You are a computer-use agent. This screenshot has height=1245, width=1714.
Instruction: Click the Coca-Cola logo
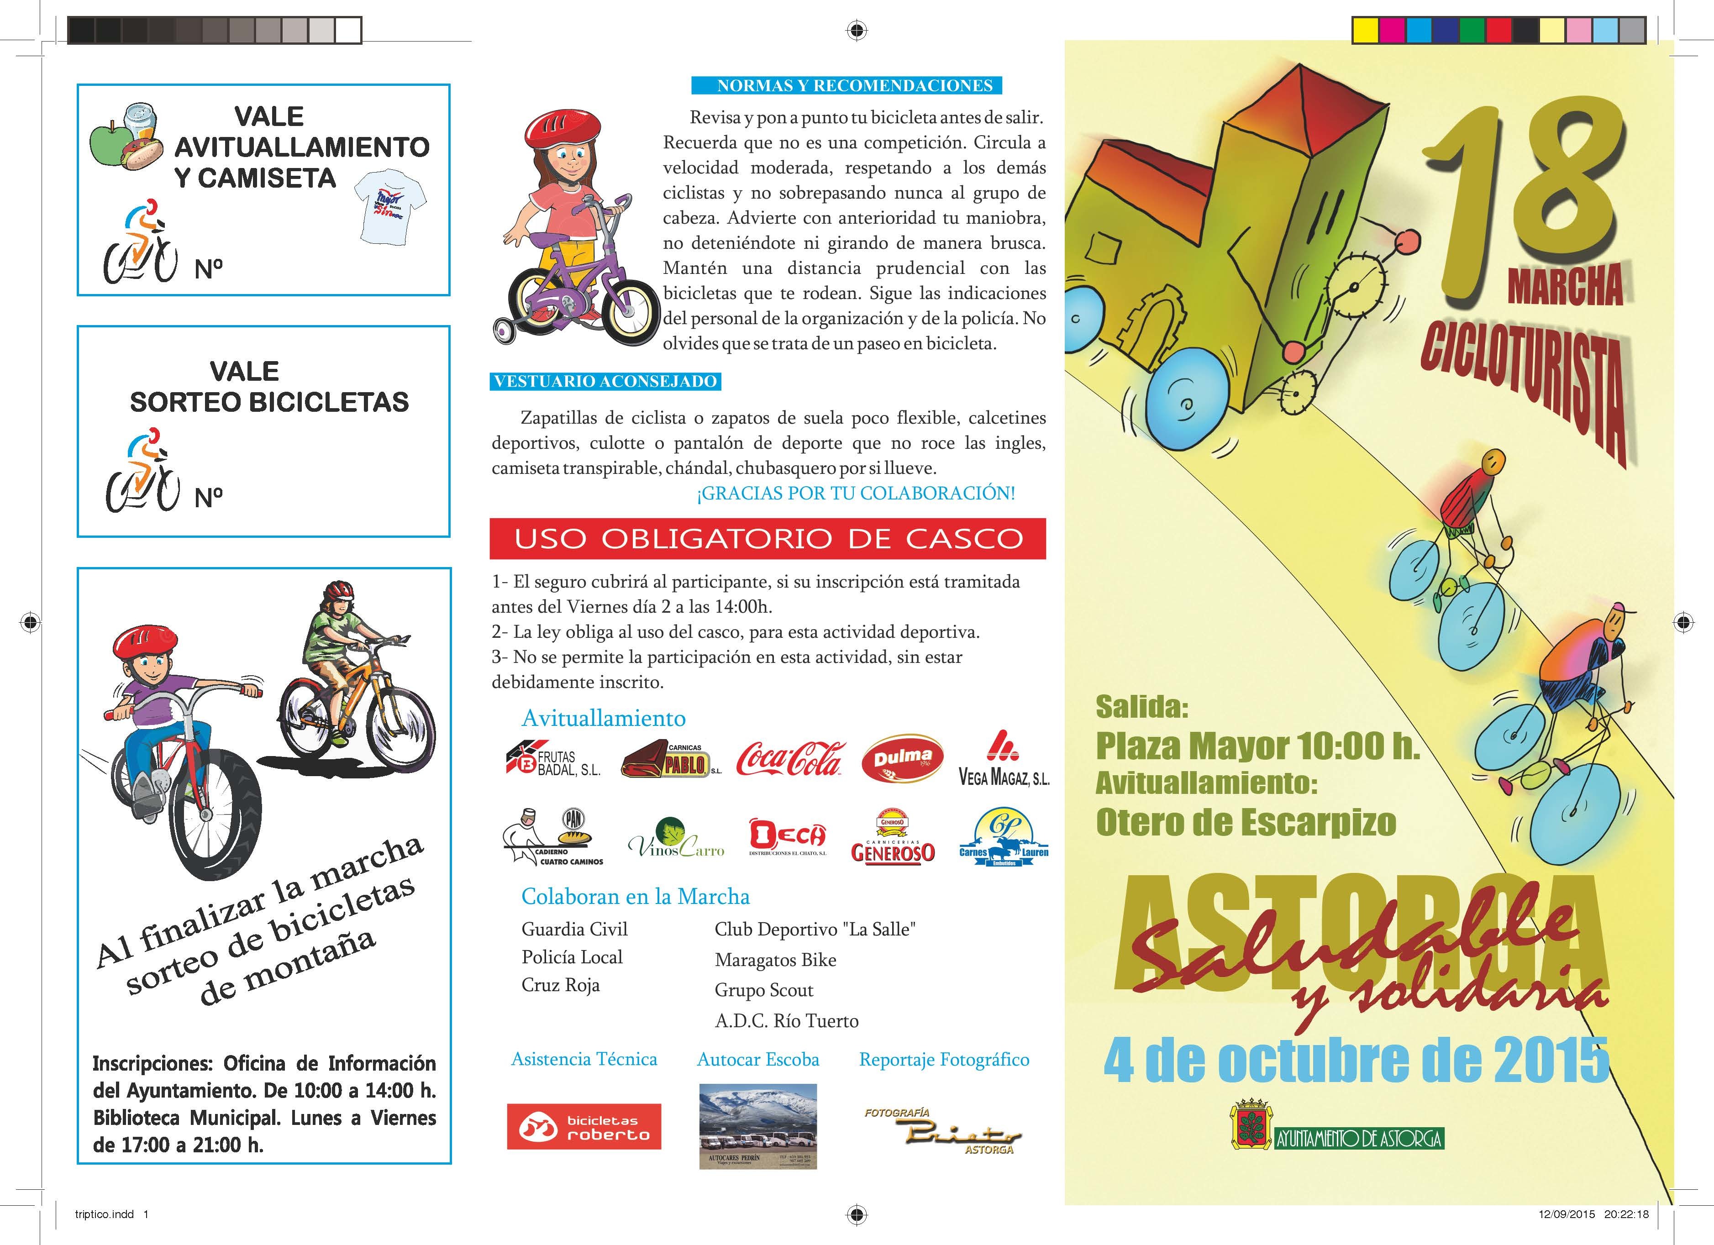click(790, 758)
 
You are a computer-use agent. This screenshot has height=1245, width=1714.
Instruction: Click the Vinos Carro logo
click(676, 839)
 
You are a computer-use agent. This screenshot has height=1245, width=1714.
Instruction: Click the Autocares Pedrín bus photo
click(757, 1126)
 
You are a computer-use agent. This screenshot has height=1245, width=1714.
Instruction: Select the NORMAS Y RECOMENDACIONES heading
click(846, 85)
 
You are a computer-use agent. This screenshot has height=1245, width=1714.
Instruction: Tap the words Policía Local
click(572, 957)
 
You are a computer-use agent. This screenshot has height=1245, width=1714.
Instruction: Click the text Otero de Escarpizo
click(1246, 822)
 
